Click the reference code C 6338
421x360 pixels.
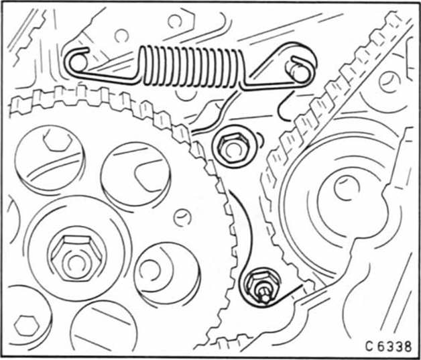[x=388, y=347]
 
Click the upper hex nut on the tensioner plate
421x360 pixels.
[x=233, y=146]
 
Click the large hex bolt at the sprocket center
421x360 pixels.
[x=77, y=258]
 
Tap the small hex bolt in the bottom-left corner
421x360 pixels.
[x=27, y=326]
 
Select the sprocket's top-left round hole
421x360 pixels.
[x=50, y=159]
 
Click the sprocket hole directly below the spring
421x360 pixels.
[x=135, y=174]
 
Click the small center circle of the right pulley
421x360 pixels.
[x=347, y=188]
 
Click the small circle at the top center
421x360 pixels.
[x=121, y=36]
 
